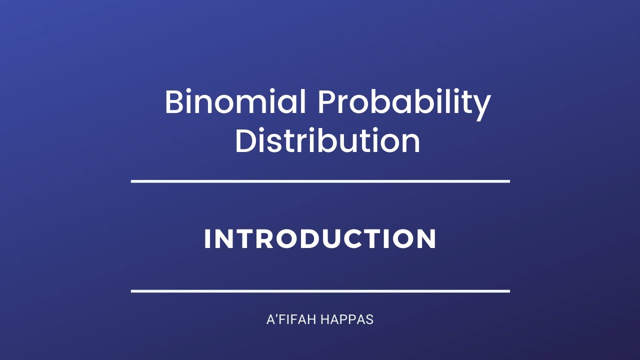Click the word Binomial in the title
click(235, 102)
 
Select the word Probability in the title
click(404, 102)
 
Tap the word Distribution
click(327, 141)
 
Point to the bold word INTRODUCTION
click(320, 239)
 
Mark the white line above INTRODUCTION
click(320, 181)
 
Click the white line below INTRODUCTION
click(320, 290)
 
